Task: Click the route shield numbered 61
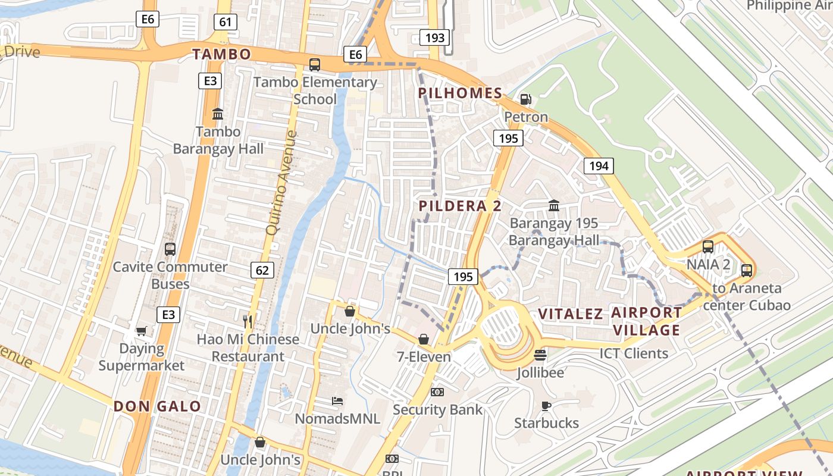(x=225, y=23)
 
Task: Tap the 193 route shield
(x=435, y=38)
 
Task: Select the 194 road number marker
(x=598, y=166)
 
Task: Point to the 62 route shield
(x=262, y=270)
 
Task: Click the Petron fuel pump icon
(x=526, y=99)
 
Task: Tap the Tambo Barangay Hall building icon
(x=218, y=114)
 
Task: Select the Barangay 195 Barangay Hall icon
(x=554, y=205)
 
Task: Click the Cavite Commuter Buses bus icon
(x=170, y=249)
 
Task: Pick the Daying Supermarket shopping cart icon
(x=142, y=331)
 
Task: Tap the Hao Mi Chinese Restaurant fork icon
(x=248, y=322)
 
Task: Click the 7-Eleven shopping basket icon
(x=424, y=339)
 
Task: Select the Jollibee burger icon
(x=540, y=355)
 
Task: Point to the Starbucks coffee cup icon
(x=546, y=406)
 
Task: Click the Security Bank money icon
(x=437, y=392)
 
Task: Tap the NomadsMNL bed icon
(x=337, y=401)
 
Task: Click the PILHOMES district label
(x=460, y=93)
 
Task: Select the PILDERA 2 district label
(x=460, y=206)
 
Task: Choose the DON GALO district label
(x=157, y=406)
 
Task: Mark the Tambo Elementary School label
(x=315, y=90)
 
